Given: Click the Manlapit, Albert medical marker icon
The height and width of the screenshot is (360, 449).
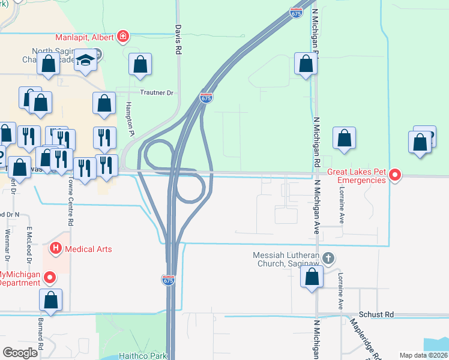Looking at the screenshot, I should tap(123, 37).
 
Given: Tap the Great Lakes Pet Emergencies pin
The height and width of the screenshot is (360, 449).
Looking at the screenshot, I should tap(395, 176).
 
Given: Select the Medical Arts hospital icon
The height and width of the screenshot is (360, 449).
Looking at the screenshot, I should tap(56, 247).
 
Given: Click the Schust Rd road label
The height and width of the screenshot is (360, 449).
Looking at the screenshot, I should tap(376, 314).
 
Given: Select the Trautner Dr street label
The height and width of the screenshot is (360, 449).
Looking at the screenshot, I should tap(156, 93).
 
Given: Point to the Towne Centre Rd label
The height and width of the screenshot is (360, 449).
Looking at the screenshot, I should tap(71, 205).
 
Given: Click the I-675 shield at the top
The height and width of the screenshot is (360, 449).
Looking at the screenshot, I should tap(296, 13).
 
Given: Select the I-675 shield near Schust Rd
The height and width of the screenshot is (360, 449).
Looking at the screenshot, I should tap(168, 280).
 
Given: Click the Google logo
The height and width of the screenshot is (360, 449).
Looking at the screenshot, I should tap(20, 353).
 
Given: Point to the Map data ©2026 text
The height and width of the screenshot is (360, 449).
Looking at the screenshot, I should tap(423, 355).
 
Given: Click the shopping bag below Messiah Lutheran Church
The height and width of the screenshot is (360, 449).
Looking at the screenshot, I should tap(312, 277).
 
